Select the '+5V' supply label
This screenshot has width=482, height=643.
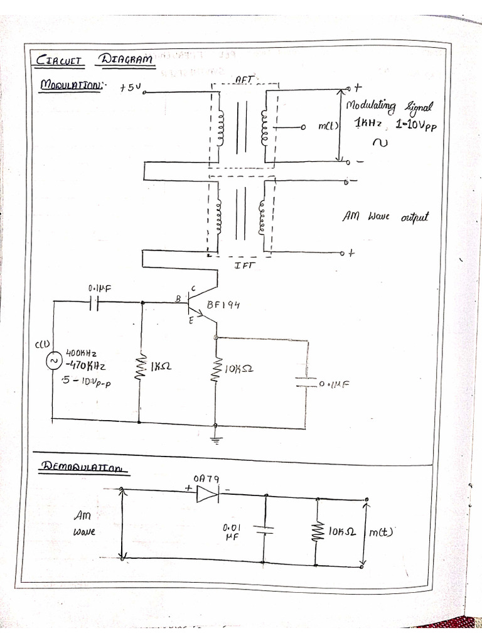point(131,89)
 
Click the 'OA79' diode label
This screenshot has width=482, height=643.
point(206,478)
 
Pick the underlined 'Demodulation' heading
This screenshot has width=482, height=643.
point(81,467)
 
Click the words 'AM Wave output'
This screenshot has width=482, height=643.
point(385,217)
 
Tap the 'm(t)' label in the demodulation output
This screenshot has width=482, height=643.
point(381,532)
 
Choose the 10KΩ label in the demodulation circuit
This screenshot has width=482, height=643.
point(342,531)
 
